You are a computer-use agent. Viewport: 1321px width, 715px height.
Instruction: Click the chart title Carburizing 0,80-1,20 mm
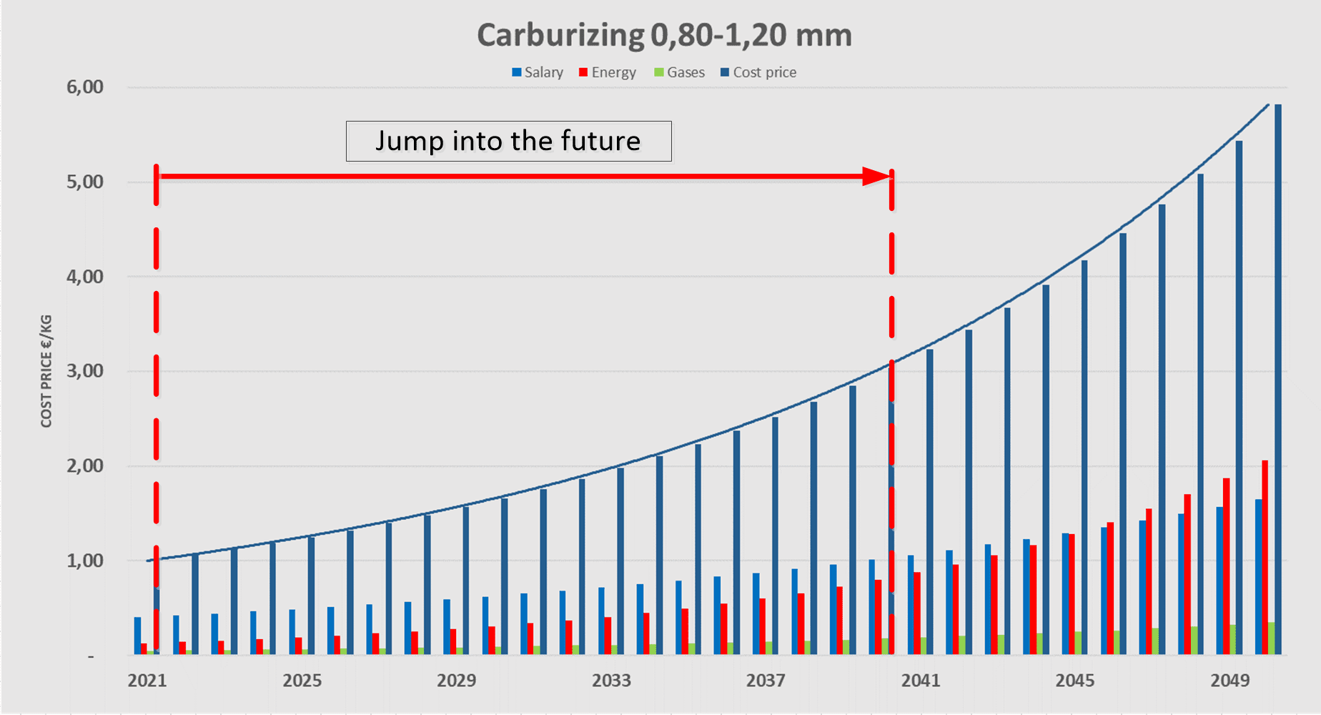[x=664, y=35]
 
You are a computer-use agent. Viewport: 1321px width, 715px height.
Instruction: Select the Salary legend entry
[x=538, y=72]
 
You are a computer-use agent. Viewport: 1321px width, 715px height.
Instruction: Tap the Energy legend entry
[x=608, y=72]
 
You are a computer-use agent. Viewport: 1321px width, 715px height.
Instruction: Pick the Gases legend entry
[x=680, y=72]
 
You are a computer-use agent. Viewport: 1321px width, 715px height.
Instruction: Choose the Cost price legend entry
[x=758, y=72]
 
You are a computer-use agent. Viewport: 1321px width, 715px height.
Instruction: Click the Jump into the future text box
[x=508, y=141]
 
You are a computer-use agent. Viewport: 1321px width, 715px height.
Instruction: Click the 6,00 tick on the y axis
[x=85, y=87]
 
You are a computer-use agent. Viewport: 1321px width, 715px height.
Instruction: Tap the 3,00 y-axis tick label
[x=85, y=371]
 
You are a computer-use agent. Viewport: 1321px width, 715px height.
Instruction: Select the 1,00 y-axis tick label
[x=85, y=561]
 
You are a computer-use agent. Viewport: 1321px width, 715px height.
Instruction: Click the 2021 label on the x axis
[x=147, y=681]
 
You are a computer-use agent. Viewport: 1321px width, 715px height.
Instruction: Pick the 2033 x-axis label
[x=611, y=681]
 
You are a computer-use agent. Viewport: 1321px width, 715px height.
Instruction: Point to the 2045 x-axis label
[x=1075, y=681]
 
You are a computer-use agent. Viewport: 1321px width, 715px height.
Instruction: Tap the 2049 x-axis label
[x=1230, y=681]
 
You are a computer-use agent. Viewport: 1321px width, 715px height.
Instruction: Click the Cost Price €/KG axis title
[x=46, y=371]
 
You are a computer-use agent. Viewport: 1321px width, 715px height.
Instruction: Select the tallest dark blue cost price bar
[x=1278, y=379]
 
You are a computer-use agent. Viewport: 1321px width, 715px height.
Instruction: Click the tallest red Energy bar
[x=1265, y=557]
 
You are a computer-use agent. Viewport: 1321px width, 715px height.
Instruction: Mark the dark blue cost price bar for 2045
[x=1084, y=457]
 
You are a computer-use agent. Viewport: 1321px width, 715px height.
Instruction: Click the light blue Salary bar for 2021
[x=137, y=636]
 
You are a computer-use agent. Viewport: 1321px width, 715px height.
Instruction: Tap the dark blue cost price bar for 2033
[x=620, y=561]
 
